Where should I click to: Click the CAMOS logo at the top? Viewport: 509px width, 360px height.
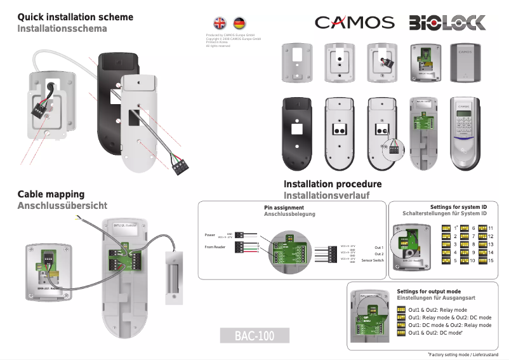pyautogui.click(x=355, y=23)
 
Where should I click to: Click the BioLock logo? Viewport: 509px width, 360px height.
pyautogui.click(x=447, y=23)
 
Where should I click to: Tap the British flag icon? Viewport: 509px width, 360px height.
pyautogui.click(x=220, y=23)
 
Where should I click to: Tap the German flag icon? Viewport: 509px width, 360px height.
pyautogui.click(x=239, y=23)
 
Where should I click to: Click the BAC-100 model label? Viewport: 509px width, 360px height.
pyautogui.click(x=254, y=336)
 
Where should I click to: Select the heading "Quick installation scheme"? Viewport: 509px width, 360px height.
pyautogui.click(x=75, y=17)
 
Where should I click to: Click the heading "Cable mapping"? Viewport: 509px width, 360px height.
pyautogui.click(x=51, y=194)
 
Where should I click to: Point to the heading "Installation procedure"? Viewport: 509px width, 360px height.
pyautogui.click(x=333, y=184)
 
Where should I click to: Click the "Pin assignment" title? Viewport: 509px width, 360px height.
pyautogui.click(x=284, y=208)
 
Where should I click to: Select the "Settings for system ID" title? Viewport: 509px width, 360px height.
pyautogui.click(x=458, y=207)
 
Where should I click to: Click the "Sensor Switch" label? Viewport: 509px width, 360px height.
pyautogui.click(x=373, y=260)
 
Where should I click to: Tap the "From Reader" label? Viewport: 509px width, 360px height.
pyautogui.click(x=215, y=246)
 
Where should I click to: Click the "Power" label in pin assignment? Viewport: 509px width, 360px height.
pyautogui.click(x=210, y=234)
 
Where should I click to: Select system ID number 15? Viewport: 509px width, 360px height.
pyautogui.click(x=491, y=260)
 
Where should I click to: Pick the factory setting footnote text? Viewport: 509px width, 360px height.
pyautogui.click(x=463, y=353)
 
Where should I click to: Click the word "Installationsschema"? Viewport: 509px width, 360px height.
pyautogui.click(x=62, y=29)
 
